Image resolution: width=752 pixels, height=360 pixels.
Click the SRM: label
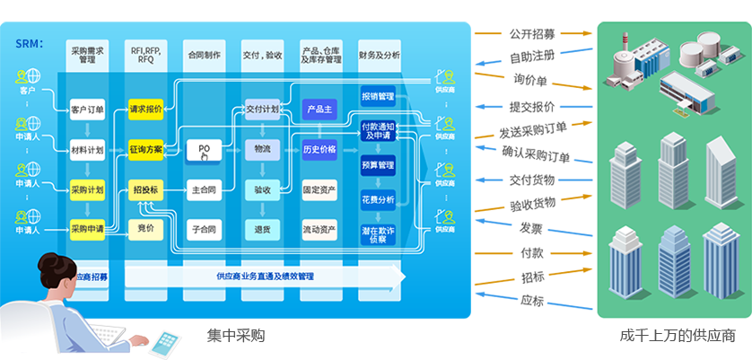30,44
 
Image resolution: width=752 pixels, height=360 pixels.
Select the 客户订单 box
87,110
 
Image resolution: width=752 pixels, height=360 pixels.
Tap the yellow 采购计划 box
87,189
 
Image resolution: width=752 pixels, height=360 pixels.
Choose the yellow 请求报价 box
145,110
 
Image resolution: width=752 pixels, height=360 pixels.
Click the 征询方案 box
145,149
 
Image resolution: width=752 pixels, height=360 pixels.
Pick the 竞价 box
145,229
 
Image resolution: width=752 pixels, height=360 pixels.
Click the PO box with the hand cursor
204,149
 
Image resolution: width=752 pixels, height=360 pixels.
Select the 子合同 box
204,229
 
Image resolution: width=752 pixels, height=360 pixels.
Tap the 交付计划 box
262,110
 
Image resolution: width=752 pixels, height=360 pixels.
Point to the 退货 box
262,229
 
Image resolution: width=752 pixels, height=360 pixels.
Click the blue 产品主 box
319,110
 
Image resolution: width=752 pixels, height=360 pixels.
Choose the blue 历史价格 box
319,149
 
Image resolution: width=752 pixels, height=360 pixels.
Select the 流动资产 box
319,229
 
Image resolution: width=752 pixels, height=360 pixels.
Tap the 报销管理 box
378,96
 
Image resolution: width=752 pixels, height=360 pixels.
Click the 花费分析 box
378,199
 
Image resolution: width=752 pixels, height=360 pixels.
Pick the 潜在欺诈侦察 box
378,234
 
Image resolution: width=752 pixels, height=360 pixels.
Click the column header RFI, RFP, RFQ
145,56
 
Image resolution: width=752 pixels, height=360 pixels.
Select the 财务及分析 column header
378,56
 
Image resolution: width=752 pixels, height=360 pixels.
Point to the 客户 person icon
26,76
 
